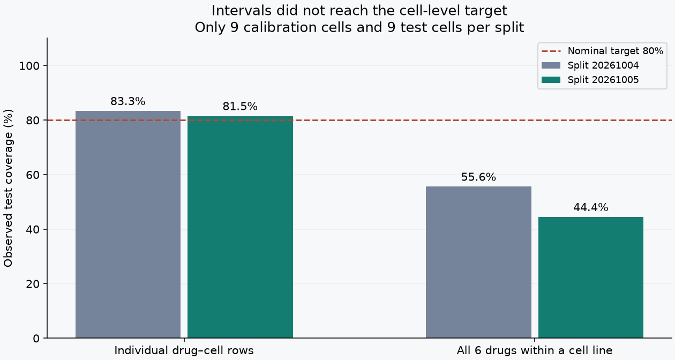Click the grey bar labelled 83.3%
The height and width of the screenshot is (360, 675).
(128, 224)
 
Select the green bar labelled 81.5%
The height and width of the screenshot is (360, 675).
(240, 227)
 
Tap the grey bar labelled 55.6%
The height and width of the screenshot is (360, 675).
(478, 262)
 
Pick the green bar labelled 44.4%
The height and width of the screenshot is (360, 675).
(590, 277)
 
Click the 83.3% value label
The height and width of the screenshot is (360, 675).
(127, 102)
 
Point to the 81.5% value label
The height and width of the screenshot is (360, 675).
(240, 107)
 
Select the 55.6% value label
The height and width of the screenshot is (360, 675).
(478, 177)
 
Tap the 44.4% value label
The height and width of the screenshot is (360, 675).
(590, 207)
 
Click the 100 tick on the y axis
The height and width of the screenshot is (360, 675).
(29, 66)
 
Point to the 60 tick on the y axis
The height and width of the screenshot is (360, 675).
(33, 175)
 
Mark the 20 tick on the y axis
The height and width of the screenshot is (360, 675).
(33, 284)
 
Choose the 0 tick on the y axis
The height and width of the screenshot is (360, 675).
(36, 339)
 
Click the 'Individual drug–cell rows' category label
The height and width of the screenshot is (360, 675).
(184, 351)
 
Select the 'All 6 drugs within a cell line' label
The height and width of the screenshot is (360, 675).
(535, 351)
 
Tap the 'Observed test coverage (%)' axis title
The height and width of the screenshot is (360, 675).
(8, 188)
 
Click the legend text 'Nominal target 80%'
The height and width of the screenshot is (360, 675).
(616, 51)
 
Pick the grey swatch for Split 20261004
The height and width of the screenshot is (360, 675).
(551, 65)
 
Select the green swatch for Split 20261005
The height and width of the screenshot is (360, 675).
(551, 80)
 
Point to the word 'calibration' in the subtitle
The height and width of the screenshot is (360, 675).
(298, 28)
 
